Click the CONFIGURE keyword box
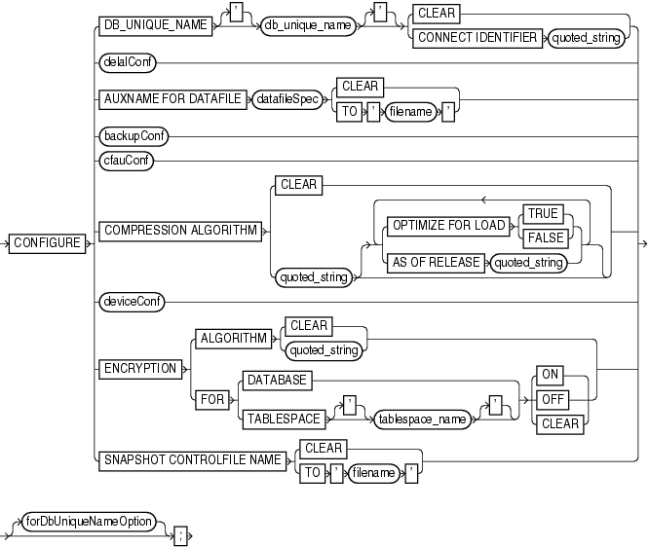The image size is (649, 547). [47, 242]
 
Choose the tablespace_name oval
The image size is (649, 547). [421, 418]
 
